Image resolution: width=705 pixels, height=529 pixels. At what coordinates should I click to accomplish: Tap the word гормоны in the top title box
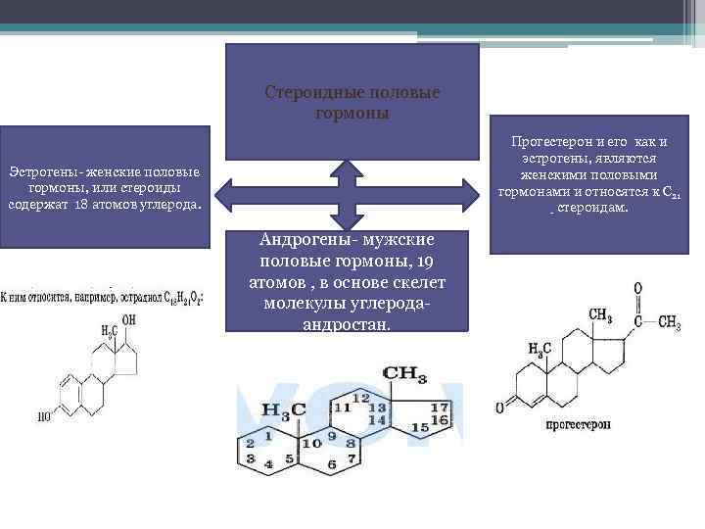tap(353, 113)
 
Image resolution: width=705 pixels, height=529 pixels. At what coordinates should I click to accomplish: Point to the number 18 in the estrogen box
tap(81, 206)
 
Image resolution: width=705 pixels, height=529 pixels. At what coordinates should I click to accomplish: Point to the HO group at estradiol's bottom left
tap(44, 415)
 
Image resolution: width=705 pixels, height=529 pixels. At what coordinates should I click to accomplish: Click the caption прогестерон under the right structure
tap(579, 425)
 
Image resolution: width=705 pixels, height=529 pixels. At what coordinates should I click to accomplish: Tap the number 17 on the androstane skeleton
tap(440, 407)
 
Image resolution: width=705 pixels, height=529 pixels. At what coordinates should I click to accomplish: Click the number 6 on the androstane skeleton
tap(333, 462)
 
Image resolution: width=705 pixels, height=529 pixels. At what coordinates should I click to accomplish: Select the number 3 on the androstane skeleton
tap(251, 457)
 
